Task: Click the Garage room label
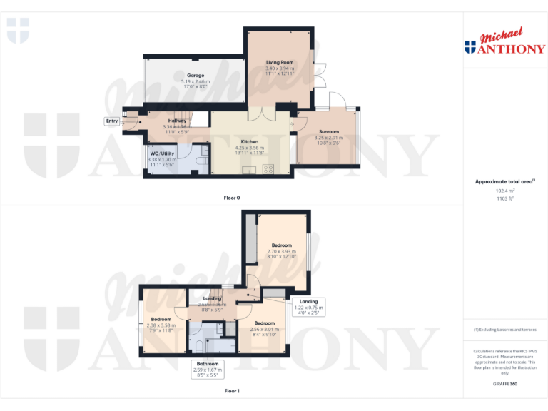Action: point(196,76)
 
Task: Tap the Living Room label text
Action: point(279,63)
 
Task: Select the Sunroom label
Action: point(328,132)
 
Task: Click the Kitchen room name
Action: point(249,141)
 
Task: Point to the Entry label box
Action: point(112,121)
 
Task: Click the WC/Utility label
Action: point(162,153)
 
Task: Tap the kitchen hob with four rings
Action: point(269,169)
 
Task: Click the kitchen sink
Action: point(250,169)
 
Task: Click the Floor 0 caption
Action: point(232,196)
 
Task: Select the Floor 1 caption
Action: point(232,391)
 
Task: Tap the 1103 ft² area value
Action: point(504,199)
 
